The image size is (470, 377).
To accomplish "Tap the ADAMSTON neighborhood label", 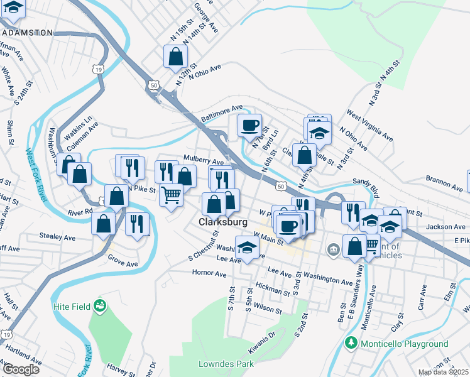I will tap(26, 33).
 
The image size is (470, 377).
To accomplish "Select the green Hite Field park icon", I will tap(99, 306).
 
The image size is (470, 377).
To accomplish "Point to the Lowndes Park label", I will tap(226, 364).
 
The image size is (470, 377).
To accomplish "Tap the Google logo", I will tap(20, 369).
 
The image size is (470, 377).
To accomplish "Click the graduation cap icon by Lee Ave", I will tap(247, 248).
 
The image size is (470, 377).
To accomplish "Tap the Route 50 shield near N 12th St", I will tap(153, 84).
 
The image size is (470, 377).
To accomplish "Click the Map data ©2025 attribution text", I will tap(444, 372).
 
